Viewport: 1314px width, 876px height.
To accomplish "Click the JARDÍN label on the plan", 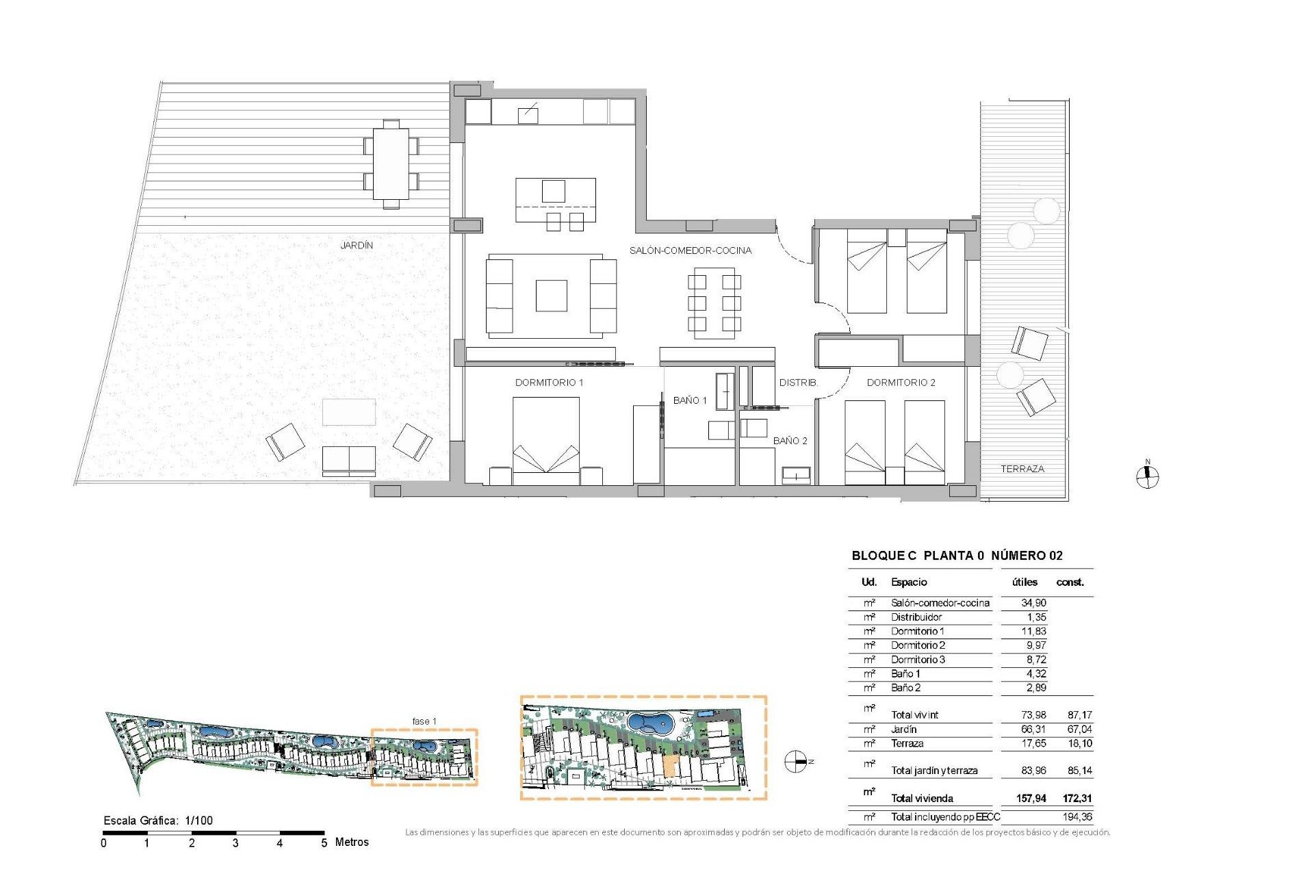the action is click(x=357, y=245).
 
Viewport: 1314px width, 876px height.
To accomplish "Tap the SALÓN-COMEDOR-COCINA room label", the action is click(x=690, y=250).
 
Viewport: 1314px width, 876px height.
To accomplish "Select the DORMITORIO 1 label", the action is click(x=549, y=383).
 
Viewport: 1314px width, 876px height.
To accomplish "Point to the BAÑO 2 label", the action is click(x=790, y=441).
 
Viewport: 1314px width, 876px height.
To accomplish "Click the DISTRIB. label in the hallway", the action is click(x=798, y=383).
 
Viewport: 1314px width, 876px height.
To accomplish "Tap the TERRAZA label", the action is click(x=1022, y=469).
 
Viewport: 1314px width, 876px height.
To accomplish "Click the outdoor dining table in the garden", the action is click(x=391, y=164).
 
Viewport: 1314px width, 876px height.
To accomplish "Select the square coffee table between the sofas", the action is click(x=551, y=296).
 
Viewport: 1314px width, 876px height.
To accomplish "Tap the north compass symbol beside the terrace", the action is click(x=1148, y=476).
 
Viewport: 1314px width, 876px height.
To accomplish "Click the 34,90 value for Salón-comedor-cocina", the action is click(x=1033, y=603).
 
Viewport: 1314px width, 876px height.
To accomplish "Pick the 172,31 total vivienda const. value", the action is click(x=1077, y=798).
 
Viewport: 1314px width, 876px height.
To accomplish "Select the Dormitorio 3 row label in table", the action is click(x=917, y=660).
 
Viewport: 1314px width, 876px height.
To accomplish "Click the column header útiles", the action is click(x=1025, y=582).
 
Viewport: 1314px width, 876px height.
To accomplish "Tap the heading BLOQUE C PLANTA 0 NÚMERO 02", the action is click(x=957, y=556).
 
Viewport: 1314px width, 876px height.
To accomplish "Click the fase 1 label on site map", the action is click(x=424, y=721).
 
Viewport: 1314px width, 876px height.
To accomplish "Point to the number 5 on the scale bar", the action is click(x=324, y=843).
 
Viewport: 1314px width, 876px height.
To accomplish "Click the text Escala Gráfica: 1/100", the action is click(x=158, y=821).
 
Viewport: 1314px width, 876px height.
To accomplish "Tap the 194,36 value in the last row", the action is click(x=1077, y=816).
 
